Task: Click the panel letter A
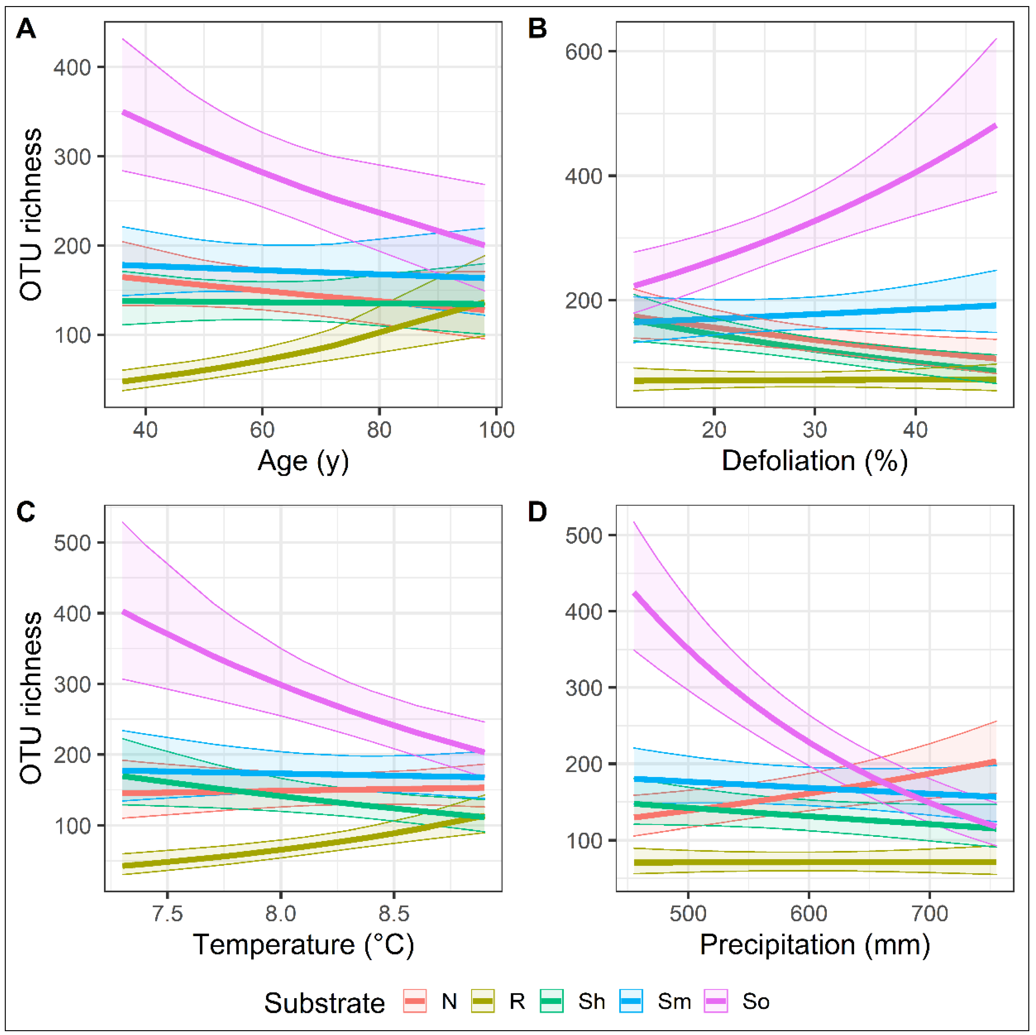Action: tap(26, 29)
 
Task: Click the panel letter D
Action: tap(537, 512)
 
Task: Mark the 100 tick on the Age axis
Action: tap(496, 430)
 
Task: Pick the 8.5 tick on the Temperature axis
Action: tap(394, 913)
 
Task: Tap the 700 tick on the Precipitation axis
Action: tap(930, 913)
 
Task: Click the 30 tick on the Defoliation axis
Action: tap(815, 430)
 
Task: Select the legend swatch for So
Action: tap(716, 1001)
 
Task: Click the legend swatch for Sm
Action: tap(631, 1001)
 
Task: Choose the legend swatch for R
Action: tap(483, 1001)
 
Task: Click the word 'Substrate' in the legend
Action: tap(325, 1003)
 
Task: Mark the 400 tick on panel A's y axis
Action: tap(72, 68)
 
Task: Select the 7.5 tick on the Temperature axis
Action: tap(167, 913)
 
